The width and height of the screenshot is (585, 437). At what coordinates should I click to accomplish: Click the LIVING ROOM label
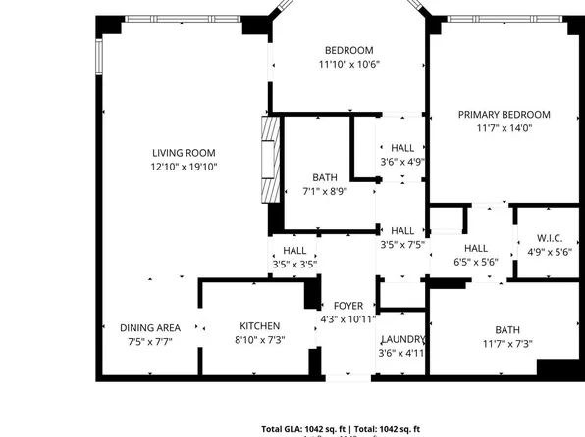184,153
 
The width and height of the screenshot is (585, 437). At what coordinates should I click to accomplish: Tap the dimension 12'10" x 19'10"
184,167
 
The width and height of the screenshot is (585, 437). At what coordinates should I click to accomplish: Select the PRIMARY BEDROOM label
505,115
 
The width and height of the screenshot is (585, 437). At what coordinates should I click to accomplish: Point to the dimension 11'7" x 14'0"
505,127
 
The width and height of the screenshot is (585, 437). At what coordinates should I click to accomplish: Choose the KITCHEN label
260,326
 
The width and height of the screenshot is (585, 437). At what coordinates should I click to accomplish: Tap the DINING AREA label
149,327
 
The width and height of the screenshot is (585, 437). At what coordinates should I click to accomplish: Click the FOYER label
347,307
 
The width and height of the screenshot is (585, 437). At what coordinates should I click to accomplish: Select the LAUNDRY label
402,340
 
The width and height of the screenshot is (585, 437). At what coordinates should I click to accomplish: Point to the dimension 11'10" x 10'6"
348,65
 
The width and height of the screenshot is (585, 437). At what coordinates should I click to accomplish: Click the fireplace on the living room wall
265,160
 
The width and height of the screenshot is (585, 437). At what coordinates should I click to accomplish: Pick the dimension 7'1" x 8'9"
325,192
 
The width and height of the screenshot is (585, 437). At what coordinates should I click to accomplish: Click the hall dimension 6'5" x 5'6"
476,262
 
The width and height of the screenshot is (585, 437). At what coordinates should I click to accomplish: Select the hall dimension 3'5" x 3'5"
294,265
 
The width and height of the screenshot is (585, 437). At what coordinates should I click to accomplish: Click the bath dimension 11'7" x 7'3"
507,343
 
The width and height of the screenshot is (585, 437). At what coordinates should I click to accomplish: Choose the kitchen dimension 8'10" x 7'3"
260,340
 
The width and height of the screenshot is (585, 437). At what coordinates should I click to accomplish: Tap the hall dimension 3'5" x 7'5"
401,245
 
